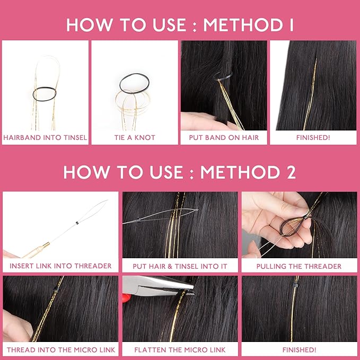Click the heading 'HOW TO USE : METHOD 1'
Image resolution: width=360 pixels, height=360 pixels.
[x=180, y=24]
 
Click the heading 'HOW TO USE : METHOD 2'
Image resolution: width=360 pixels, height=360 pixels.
[x=180, y=172]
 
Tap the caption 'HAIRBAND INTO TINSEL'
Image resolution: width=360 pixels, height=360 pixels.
[x=45, y=138]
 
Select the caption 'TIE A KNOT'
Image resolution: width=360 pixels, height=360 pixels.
[x=135, y=138]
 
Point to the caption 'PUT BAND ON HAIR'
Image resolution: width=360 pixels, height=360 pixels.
[x=223, y=138]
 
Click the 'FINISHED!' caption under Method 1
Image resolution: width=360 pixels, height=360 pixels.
[x=313, y=138]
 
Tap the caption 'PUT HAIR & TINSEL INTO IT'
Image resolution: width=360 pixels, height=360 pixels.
[x=180, y=266]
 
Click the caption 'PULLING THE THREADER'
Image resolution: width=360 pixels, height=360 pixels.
[x=299, y=266]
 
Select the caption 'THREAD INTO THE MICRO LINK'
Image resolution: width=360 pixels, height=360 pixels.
[x=60, y=350]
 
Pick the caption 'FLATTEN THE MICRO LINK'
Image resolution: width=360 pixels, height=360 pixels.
[x=180, y=350]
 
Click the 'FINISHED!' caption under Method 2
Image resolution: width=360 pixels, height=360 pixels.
[x=299, y=350]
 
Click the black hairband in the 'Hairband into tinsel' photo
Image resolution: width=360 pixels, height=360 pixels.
[x=45, y=94]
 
